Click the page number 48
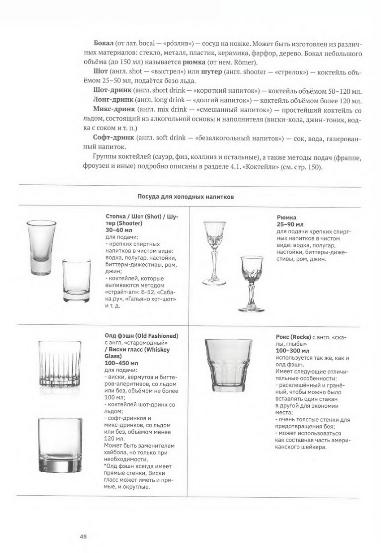(x=83, y=536)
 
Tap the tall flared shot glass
(x=41, y=247)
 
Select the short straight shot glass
(x=76, y=281)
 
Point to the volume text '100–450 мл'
(x=121, y=362)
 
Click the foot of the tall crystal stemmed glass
(x=214, y=282)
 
